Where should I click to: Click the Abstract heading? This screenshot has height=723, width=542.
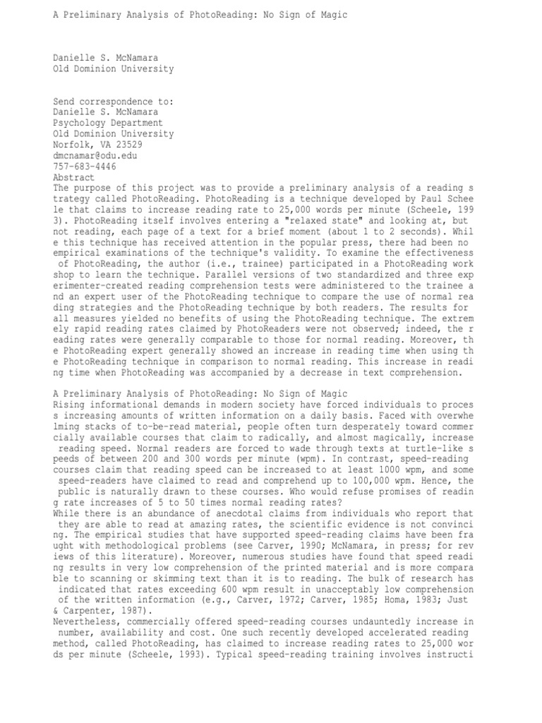coord(75,177)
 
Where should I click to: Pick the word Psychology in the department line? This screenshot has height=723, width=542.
coord(81,122)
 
